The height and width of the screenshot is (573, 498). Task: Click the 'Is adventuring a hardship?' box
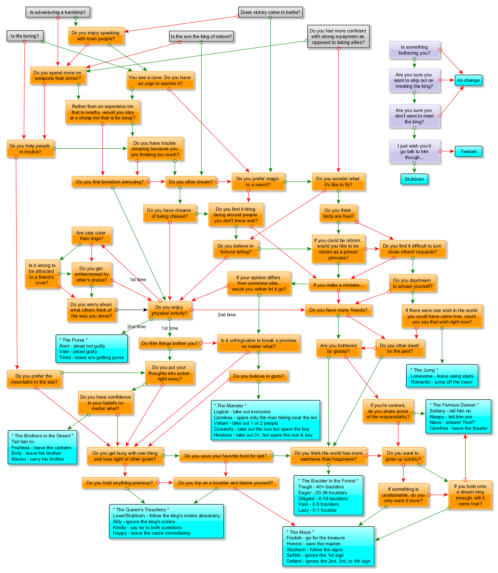click(58, 12)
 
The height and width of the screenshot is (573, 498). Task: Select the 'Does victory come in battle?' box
click(270, 12)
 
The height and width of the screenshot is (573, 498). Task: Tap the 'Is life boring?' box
click(25, 36)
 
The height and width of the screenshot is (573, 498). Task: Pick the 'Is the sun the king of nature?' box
click(201, 36)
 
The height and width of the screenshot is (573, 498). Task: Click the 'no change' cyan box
click(468, 80)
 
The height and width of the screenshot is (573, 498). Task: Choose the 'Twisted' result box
click(468, 151)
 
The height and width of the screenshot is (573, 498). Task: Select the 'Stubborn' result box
click(414, 179)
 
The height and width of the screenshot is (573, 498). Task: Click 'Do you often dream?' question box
click(191, 182)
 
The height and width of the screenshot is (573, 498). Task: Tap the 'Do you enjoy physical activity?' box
click(169, 310)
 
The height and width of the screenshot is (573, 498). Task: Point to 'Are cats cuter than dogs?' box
click(91, 236)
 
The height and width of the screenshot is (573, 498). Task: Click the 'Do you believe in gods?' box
click(258, 376)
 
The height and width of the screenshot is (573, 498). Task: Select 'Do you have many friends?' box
click(338, 310)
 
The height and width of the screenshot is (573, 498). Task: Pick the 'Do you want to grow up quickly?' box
click(403, 456)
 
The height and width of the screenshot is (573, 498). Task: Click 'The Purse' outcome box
click(92, 348)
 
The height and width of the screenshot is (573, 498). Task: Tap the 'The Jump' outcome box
click(442, 376)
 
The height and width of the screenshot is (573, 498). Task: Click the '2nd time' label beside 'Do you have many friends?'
click(226, 315)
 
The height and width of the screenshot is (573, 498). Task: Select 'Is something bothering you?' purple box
click(414, 50)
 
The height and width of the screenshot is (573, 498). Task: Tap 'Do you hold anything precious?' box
click(119, 483)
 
